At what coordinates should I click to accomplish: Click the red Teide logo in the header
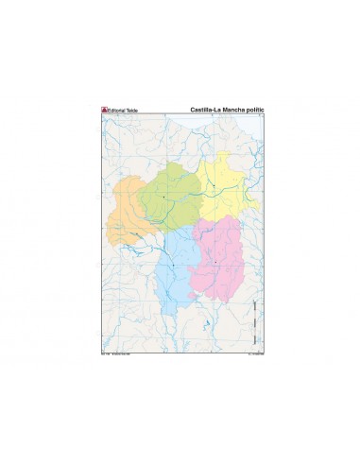pos(105,110)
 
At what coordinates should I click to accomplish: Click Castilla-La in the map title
pos(204,110)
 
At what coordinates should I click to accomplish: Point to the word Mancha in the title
pos(232,110)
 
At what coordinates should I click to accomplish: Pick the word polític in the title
pos(255,110)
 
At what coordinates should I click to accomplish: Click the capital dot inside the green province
pos(163,196)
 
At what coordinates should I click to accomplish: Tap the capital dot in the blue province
pos(174,264)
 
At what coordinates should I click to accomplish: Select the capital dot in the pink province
pos(216,262)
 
